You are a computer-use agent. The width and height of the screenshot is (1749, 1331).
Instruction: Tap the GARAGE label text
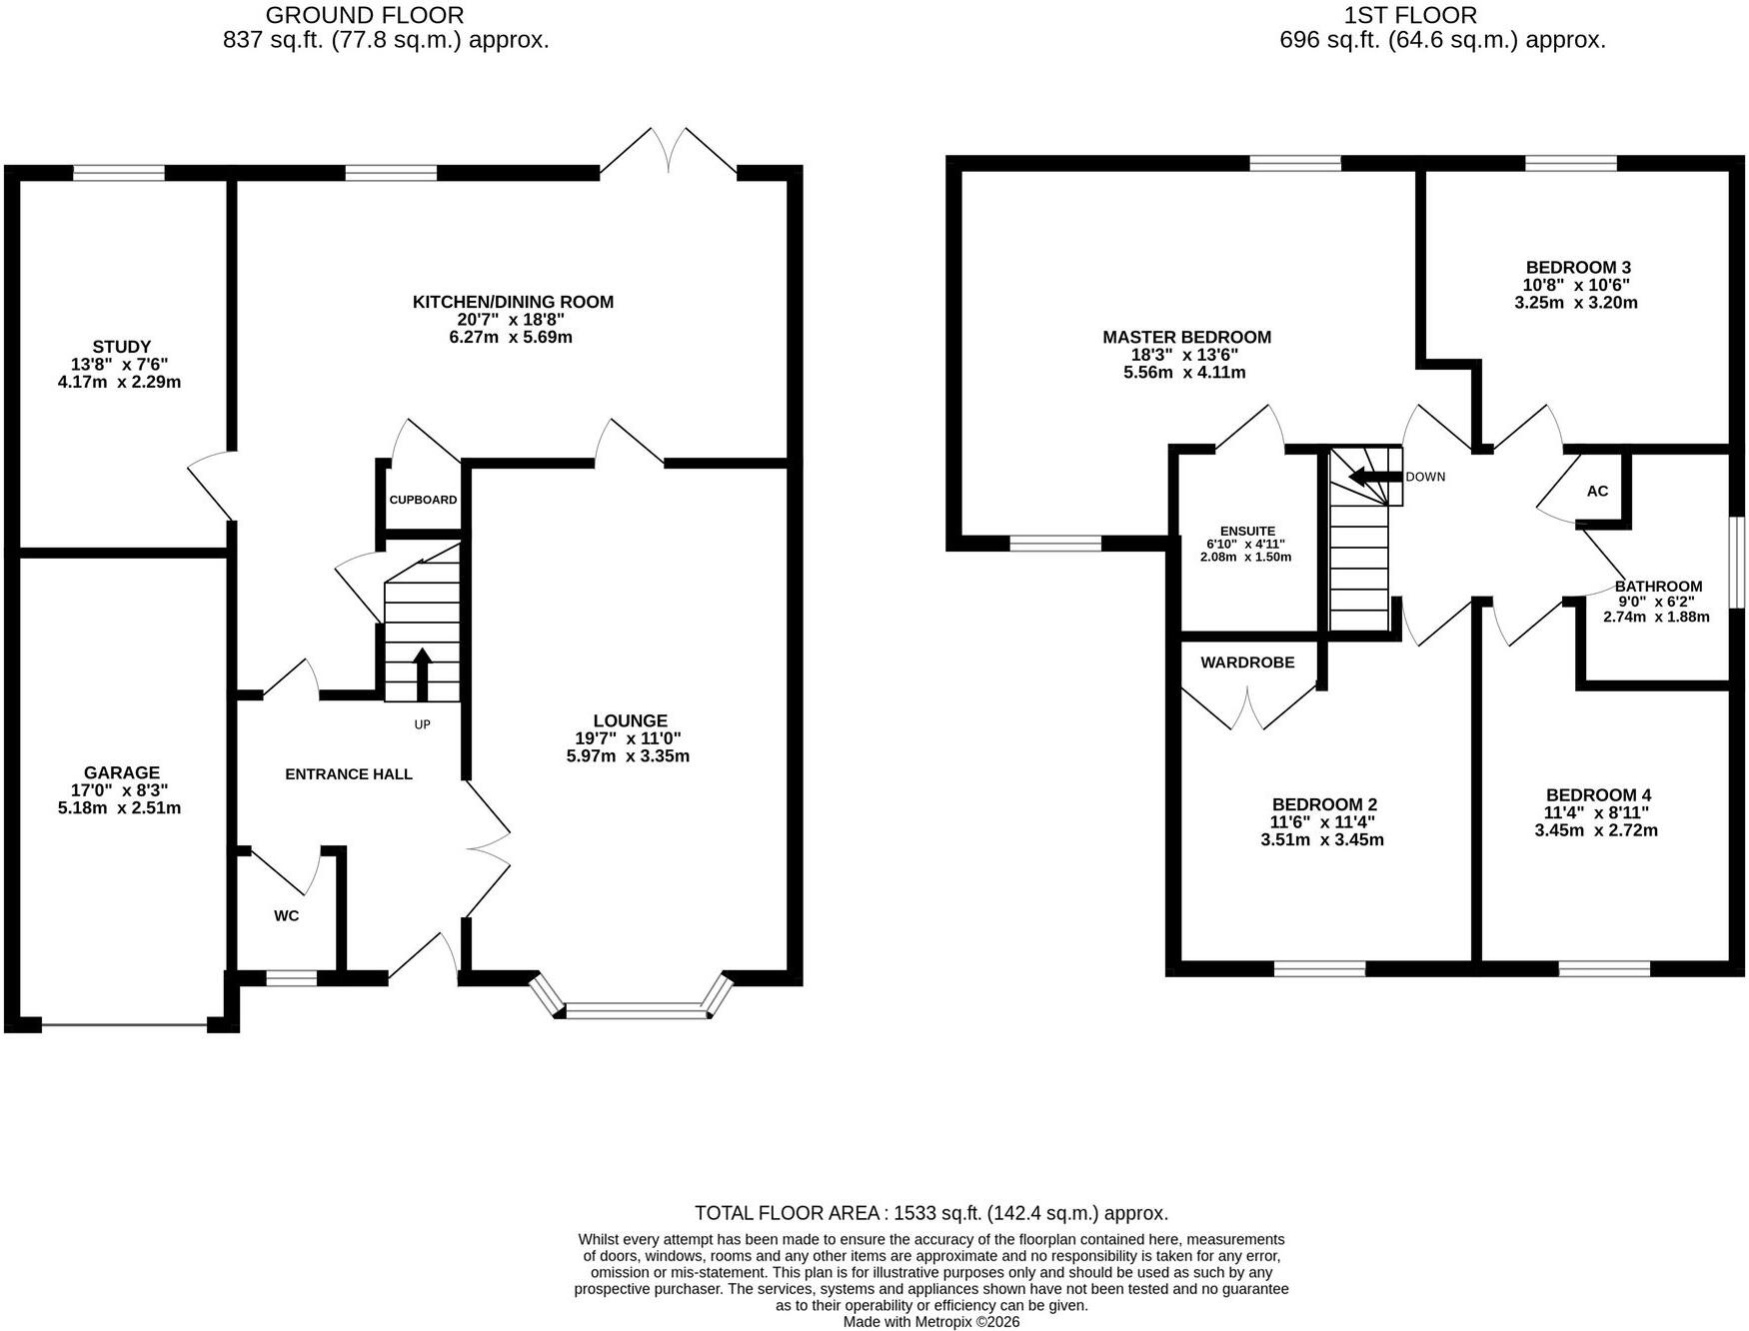point(122,772)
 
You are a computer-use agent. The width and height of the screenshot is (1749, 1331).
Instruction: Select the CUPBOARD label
point(423,500)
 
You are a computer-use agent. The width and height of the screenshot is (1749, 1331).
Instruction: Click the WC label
point(287,915)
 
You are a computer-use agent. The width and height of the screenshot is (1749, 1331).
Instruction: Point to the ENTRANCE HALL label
point(349,774)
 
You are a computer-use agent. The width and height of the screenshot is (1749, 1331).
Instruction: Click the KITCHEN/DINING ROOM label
point(514,302)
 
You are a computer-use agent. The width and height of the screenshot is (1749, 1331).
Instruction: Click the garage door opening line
point(124,1024)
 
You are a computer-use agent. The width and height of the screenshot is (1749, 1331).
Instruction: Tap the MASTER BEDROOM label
point(1187,338)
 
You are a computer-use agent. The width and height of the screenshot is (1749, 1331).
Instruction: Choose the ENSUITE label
point(1247,532)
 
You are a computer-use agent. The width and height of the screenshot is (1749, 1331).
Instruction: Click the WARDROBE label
point(1247,663)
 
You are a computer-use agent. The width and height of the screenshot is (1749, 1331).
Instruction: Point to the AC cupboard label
point(1597,492)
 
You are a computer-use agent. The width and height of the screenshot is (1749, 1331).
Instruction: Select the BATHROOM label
point(1658,587)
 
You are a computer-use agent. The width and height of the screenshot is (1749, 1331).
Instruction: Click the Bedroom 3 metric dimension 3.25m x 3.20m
point(1576,303)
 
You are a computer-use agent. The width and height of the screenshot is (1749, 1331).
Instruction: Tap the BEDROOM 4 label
point(1598,795)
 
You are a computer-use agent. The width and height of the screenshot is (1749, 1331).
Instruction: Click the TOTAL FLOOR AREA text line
point(931,1213)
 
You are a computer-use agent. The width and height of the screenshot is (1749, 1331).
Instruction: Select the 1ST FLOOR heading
point(1411,16)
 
